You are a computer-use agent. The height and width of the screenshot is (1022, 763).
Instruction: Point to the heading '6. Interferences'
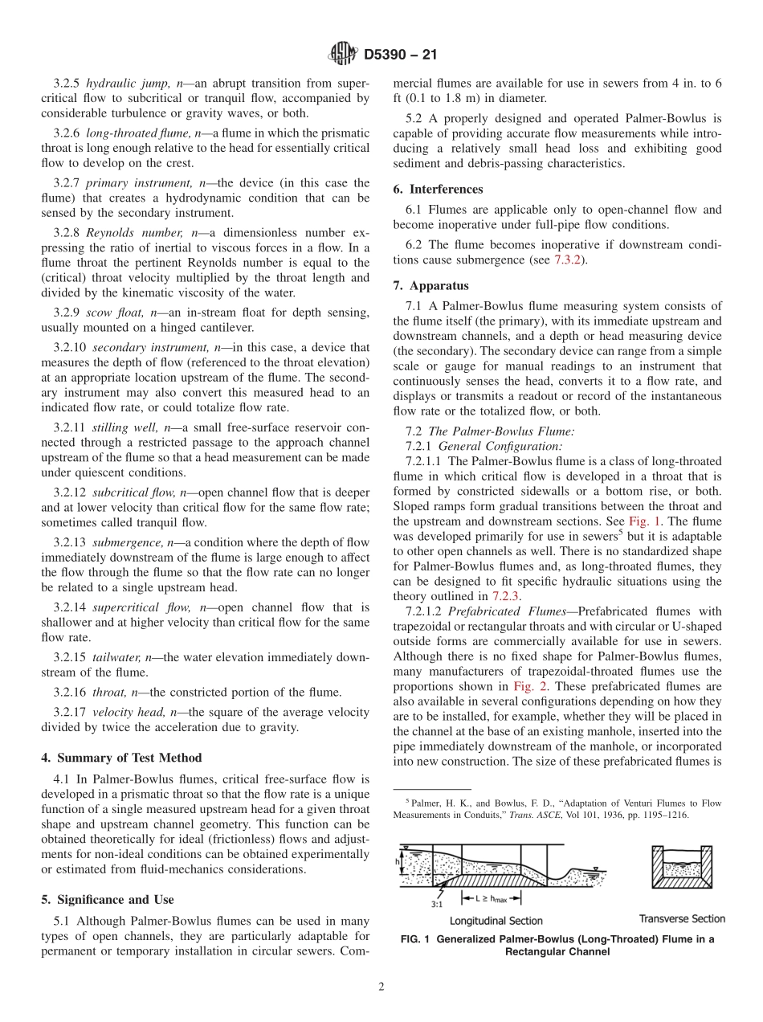coord(438,190)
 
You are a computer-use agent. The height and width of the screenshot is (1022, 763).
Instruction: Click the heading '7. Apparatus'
coord(431,285)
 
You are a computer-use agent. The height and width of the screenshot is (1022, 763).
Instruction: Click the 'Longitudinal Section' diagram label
coord(496,921)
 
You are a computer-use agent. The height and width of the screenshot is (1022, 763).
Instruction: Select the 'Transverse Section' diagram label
coord(682,918)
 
